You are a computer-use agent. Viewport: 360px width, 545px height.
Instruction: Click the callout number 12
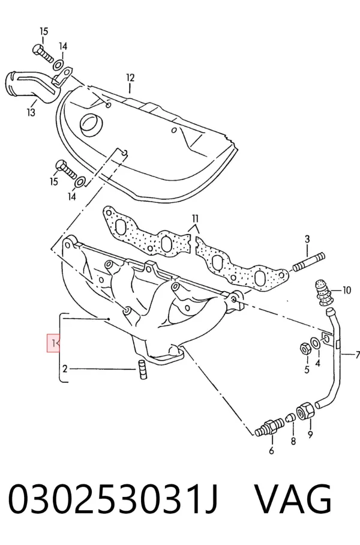pos(130,77)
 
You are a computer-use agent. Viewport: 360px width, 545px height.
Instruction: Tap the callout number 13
pos(31,112)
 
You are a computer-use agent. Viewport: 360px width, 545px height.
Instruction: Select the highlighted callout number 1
pos(53,343)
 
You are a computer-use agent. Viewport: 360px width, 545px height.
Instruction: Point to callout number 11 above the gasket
pos(195,218)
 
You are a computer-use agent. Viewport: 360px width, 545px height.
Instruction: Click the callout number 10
pos(347,291)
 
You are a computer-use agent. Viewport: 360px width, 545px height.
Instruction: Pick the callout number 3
pos(307,239)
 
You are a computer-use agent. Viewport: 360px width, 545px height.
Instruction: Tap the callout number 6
pos(271,450)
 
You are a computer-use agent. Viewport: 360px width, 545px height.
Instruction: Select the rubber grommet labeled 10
pos(323,292)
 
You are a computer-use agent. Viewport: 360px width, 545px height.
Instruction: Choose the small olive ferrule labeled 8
pos(291,417)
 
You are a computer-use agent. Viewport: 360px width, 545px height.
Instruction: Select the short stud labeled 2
pos(141,369)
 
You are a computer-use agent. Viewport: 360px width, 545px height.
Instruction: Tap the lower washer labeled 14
pos(81,182)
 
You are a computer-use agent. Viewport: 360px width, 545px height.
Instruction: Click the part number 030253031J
pos(113,499)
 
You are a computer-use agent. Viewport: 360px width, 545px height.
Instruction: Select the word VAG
pos(293,499)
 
